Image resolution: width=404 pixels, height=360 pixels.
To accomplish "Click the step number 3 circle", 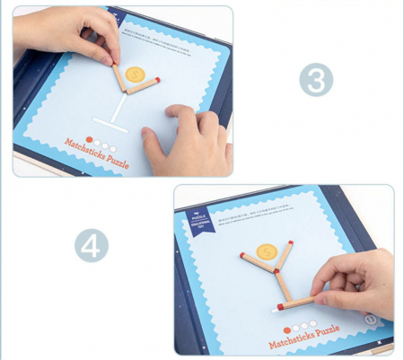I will point(315,81).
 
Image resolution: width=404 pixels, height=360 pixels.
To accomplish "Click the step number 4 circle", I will point(92,244).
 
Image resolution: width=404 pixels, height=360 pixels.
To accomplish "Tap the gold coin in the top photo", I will point(135,74).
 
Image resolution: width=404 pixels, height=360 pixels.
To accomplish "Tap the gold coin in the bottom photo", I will point(265,253).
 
